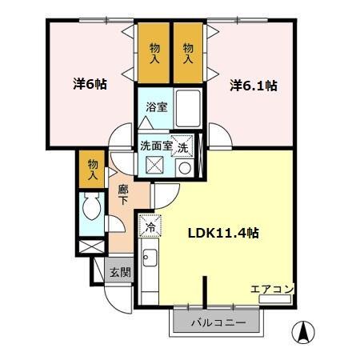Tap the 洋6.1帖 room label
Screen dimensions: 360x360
point(254,85)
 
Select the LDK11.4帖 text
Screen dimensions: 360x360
point(222,234)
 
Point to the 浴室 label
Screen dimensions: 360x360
point(156,107)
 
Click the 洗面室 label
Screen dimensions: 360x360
point(156,146)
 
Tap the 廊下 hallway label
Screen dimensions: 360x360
point(122,196)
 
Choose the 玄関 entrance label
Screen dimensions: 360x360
point(120,272)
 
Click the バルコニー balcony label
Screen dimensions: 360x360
point(218,323)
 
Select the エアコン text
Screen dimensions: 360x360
point(272,289)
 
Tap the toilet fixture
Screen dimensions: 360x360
point(91,211)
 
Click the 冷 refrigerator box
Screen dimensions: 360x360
point(150,226)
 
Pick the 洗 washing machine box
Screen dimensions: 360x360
point(183,147)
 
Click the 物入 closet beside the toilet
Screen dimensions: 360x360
point(93,169)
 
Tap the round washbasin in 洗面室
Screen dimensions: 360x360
point(184,168)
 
